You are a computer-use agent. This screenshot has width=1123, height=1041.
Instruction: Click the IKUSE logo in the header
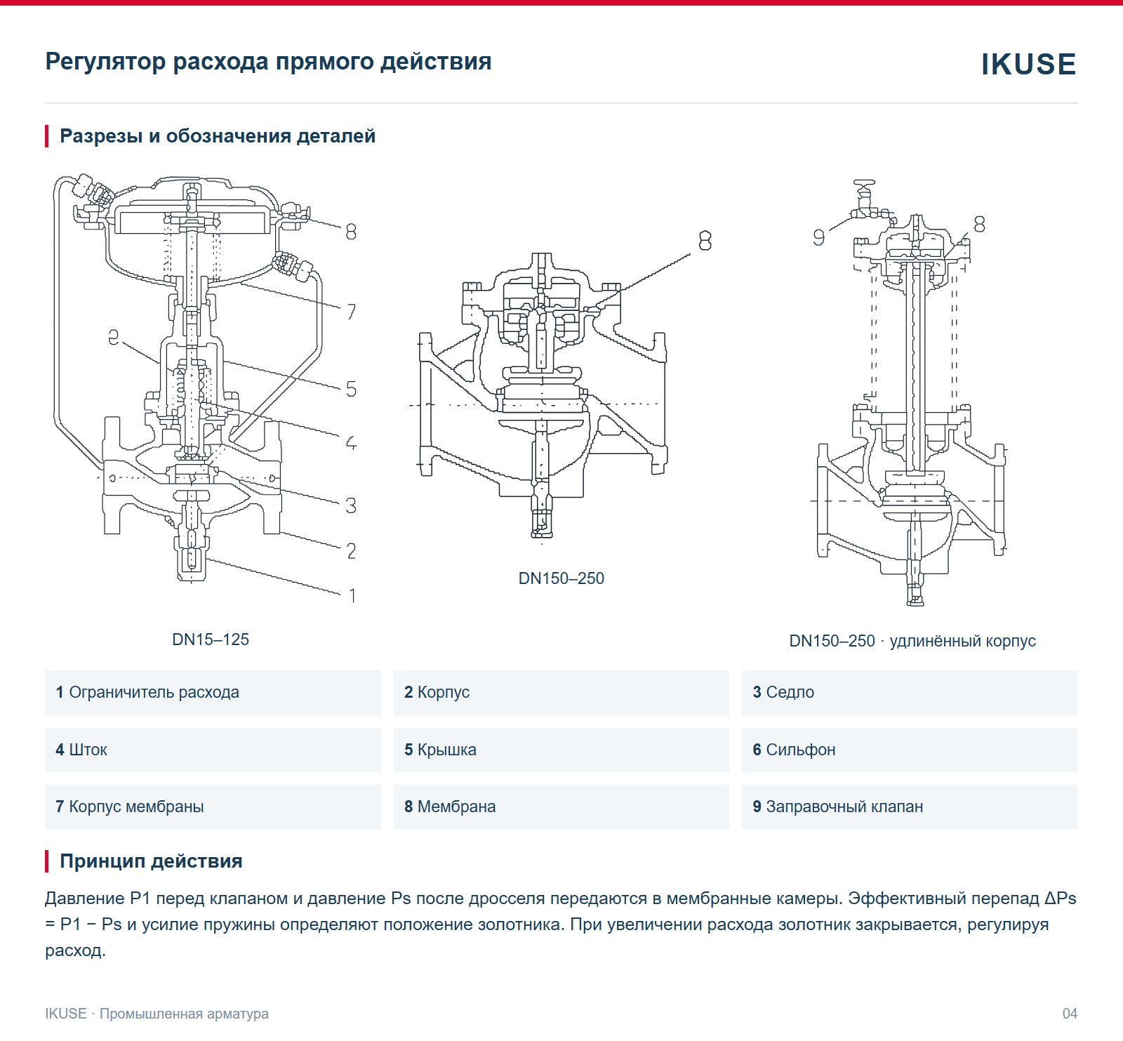[x=1028, y=64]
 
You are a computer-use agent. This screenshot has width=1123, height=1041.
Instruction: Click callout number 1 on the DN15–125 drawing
[x=352, y=596]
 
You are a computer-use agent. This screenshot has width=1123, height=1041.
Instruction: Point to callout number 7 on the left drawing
[x=352, y=312]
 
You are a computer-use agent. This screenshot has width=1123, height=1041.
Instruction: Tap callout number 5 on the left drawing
[x=352, y=389]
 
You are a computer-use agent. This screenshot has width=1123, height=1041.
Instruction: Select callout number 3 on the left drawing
[x=352, y=505]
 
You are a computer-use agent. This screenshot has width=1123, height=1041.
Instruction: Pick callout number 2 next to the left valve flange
[x=352, y=551]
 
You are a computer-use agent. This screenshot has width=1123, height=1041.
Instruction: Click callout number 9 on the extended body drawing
[x=818, y=238]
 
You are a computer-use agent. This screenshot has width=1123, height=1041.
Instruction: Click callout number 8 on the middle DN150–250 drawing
[x=705, y=241]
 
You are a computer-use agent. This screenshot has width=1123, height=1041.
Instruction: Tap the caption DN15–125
[x=211, y=639]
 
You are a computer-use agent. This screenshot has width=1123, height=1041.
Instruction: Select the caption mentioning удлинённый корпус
[x=912, y=641]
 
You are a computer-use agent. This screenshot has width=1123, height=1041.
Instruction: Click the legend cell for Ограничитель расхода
[x=213, y=693]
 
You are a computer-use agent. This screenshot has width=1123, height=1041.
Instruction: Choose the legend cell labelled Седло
[x=910, y=693]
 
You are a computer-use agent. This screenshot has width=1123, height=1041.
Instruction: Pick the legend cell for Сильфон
[x=910, y=750]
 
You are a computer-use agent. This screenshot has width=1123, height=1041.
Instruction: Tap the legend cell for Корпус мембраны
[x=213, y=807]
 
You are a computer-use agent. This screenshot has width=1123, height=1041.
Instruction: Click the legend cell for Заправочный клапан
[x=910, y=807]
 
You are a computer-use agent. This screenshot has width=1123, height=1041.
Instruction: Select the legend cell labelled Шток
[x=213, y=750]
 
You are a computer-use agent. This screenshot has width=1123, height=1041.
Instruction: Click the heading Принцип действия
[x=151, y=861]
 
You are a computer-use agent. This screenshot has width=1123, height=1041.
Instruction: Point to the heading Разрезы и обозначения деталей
[x=218, y=136]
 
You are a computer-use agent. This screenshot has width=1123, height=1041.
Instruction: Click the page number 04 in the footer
[x=1070, y=1014]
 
